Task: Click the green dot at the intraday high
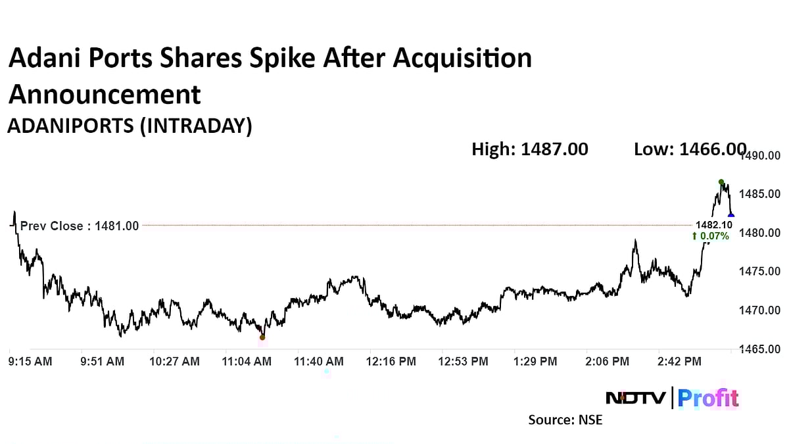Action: click(x=721, y=182)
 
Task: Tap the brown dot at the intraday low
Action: click(x=262, y=337)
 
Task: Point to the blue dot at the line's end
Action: click(x=731, y=215)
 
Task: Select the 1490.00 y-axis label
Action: click(x=761, y=156)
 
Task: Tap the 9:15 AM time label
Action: click(x=30, y=361)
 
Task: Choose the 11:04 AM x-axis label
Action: click(x=247, y=361)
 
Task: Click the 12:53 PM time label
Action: click(x=464, y=361)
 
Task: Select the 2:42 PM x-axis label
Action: click(x=679, y=361)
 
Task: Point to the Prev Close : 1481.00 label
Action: click(x=80, y=226)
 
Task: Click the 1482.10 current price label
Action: click(x=712, y=225)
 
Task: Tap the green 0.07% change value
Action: click(x=711, y=236)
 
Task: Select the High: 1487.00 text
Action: click(x=530, y=149)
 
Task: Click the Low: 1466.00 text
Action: click(x=690, y=149)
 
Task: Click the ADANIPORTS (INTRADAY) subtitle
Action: click(x=130, y=126)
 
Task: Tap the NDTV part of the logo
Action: click(x=635, y=398)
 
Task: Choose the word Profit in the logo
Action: click(x=708, y=398)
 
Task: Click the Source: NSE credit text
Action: click(x=565, y=420)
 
